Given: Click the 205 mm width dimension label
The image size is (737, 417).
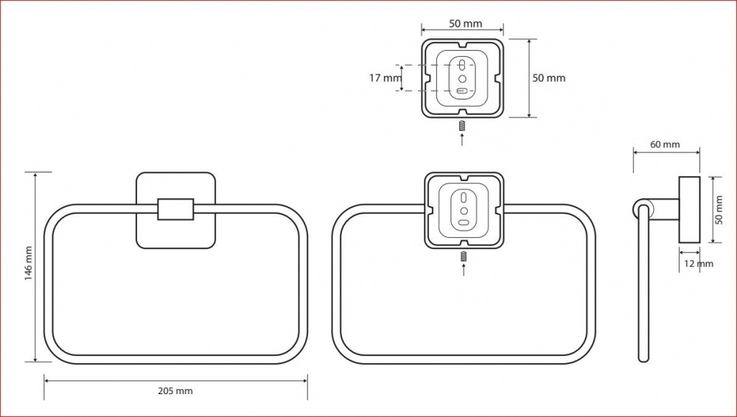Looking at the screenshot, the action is click(x=175, y=390).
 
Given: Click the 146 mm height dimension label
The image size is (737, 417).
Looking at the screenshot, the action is click(x=29, y=263).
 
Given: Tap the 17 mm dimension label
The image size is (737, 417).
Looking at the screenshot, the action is click(x=385, y=78).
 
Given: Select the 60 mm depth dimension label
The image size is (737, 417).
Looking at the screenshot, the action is click(x=665, y=144).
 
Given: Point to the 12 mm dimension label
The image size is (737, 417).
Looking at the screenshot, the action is click(x=699, y=264).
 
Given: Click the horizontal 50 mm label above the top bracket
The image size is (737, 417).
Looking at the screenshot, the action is click(x=465, y=24).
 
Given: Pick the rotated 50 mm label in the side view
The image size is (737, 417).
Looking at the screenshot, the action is click(x=719, y=210).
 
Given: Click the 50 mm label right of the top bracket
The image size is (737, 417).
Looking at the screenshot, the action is click(x=548, y=78).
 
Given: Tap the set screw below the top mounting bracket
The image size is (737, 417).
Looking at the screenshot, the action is click(x=462, y=126).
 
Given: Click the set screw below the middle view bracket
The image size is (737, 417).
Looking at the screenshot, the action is click(x=464, y=256).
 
